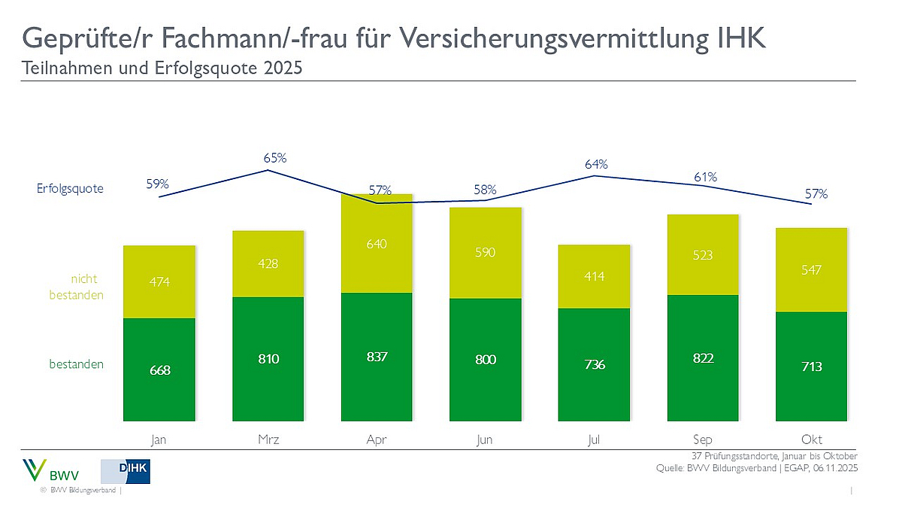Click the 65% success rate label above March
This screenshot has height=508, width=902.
click(275, 158)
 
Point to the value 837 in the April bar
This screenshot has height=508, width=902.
click(377, 357)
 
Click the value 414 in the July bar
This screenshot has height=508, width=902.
click(594, 276)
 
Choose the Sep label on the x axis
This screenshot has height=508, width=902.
click(703, 440)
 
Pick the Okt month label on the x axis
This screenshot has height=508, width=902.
click(812, 440)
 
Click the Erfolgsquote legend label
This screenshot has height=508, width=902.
click(70, 189)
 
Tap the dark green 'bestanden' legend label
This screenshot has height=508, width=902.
click(76, 364)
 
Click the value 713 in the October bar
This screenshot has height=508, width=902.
click(812, 367)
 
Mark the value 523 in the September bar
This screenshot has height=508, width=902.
click(703, 255)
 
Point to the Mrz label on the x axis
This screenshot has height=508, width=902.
click(268, 440)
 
